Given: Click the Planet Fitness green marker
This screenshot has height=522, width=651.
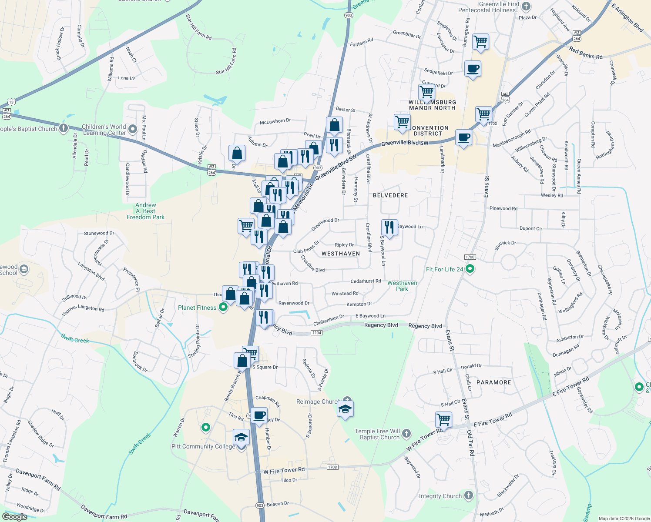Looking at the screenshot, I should coord(223,308).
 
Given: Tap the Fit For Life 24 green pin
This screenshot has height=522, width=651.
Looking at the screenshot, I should coord(470,269).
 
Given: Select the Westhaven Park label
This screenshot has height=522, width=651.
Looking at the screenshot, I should coord(402,286).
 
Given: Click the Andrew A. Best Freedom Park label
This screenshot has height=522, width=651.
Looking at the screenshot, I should coord(146,211).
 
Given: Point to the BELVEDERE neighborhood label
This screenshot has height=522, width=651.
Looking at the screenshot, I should coord(390,195).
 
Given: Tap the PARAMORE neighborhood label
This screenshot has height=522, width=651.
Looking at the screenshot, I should coord(493,382).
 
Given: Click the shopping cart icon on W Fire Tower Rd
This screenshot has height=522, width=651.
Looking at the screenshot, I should coord(443,419).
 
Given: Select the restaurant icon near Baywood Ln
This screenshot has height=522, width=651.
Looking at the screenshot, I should coord(389,227).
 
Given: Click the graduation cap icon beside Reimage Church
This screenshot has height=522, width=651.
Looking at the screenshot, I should coord(345,409).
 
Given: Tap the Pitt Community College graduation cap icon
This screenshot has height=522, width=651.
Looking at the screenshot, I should coord(241,437).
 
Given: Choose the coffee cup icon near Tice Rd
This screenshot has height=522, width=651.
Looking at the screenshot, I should coord(259,415).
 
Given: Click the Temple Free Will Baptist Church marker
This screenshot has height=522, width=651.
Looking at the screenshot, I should coord(406,433).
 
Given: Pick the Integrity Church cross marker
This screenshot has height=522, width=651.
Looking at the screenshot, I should coord(468,495).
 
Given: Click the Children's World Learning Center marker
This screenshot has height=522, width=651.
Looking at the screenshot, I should coord(133,129).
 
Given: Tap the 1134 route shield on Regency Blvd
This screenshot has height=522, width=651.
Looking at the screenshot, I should coord(316,333).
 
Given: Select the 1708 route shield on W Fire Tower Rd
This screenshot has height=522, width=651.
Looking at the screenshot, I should coord(332,467).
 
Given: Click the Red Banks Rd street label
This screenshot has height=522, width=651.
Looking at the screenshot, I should coord(586,53).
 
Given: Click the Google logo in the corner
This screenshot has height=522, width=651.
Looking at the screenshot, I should coord(15,517).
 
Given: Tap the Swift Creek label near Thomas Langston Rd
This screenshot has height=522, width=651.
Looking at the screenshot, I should coord(75,338).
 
